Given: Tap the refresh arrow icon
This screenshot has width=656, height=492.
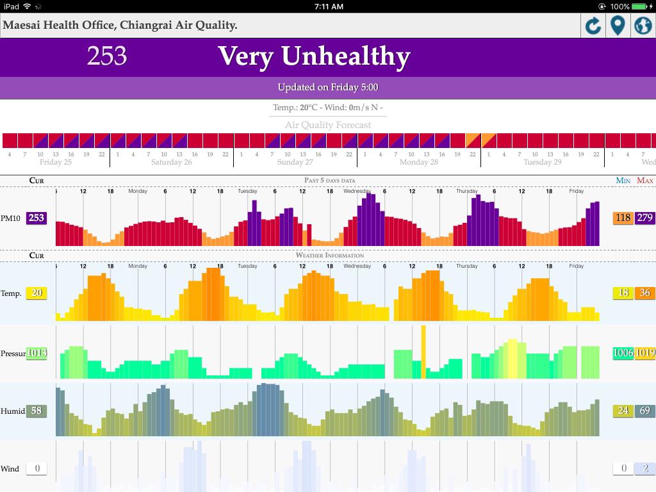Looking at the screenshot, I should click(593, 26).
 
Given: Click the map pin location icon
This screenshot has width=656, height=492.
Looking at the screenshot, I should click(618, 26).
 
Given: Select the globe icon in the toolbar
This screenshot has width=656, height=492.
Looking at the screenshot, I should click(643, 26).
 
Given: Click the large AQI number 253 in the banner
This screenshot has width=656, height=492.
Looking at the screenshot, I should click(107, 56).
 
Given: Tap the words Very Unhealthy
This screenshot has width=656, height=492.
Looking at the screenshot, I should click(314, 56).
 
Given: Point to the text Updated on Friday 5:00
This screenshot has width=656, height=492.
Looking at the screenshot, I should click(328, 87).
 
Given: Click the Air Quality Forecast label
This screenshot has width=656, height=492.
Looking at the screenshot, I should click(328, 125).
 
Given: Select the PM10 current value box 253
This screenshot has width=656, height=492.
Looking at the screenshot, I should click(37, 218).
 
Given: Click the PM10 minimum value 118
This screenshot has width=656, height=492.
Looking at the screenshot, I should click(623, 218).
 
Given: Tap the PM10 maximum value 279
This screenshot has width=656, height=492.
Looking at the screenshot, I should click(644, 218).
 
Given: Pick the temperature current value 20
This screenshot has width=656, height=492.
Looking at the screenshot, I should click(37, 293).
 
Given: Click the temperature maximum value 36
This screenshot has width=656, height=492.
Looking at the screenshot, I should click(644, 293).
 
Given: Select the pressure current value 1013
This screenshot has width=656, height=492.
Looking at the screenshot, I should click(37, 353).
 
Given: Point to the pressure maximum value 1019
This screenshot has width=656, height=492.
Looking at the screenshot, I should click(644, 353).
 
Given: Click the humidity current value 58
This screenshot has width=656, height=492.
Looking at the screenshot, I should click(37, 411).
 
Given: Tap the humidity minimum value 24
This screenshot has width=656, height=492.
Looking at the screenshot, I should click(623, 411).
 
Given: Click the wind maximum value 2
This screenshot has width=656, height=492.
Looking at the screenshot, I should click(644, 468).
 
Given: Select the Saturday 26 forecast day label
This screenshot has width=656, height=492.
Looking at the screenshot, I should click(171, 162).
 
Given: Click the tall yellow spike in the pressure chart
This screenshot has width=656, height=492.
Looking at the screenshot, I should click(423, 349).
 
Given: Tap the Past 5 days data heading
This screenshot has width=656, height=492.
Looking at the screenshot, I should click(329, 181).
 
